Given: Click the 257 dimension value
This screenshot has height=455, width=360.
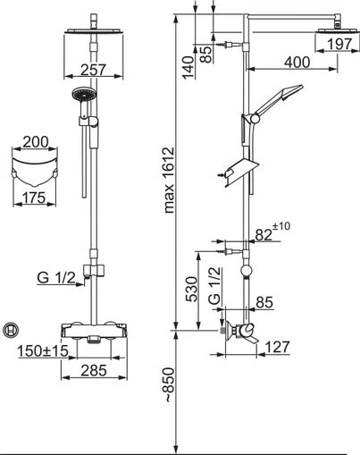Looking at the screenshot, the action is pos(93,70).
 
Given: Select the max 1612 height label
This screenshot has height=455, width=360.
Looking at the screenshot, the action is pos(169,180).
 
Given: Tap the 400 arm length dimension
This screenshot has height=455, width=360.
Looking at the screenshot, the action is pos(297,63).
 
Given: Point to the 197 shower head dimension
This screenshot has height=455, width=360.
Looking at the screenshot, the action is pos(339,45).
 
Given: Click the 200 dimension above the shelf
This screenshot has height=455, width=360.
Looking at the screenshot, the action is pos(35,142).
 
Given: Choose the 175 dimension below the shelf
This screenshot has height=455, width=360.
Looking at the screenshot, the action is pos(34,198).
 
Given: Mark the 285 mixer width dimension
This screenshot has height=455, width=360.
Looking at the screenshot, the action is pos(94,370).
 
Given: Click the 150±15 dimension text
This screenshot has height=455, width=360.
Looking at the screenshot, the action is pos(43,350).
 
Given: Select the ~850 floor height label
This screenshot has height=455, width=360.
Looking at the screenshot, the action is pos(169,385).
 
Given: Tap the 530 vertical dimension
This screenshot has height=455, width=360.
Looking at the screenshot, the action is pos(191,289).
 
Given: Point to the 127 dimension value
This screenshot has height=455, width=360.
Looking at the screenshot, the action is pos(277,347).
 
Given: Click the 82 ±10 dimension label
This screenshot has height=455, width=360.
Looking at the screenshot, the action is pos(272,232).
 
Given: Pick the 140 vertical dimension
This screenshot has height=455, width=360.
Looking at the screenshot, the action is pos(188,67).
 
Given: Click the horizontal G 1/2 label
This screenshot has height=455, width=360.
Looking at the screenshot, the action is pos(56,278).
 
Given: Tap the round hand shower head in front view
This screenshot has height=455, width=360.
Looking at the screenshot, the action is pos(84,95).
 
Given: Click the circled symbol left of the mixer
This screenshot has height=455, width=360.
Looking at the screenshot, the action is pos(11,330).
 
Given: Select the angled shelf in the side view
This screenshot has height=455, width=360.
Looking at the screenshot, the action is pos(240,173).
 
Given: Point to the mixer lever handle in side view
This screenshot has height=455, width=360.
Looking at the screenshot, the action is pos(250,337).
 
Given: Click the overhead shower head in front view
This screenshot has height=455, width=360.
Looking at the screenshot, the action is pos(94,30).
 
